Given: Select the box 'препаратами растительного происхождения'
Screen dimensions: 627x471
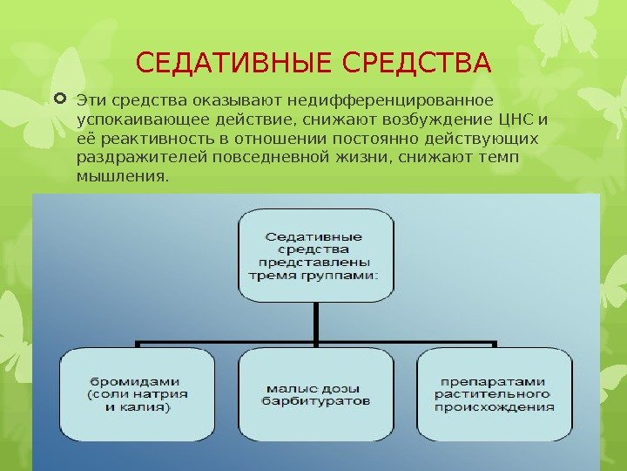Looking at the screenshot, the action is tap(496, 394).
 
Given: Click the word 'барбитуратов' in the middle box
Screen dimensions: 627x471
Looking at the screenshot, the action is tap(316, 401).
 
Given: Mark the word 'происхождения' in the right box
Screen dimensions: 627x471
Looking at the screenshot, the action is tap(496, 406).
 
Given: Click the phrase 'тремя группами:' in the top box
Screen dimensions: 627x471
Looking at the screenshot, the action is tap(314, 274).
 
